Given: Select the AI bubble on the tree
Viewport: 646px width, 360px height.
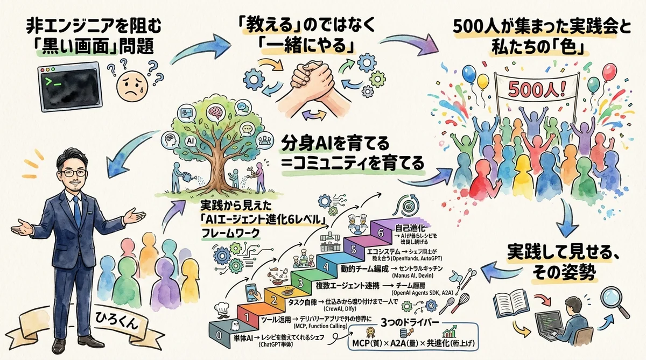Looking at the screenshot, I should (x=189, y=140).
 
